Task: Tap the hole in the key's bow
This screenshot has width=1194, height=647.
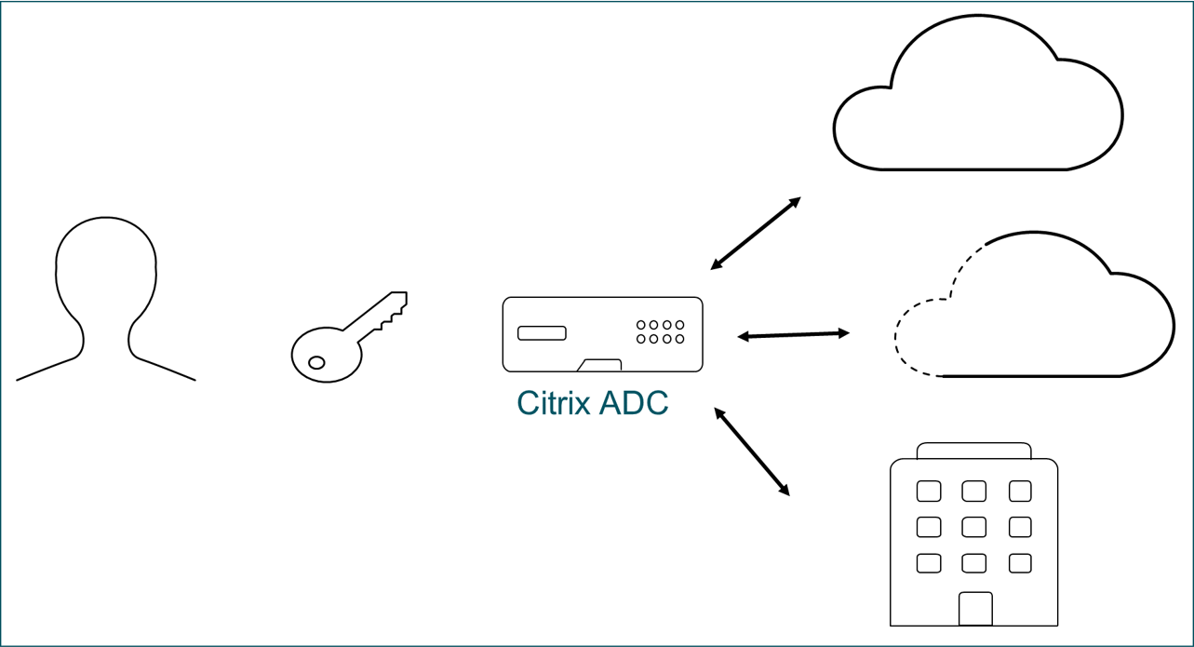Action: pyautogui.click(x=316, y=362)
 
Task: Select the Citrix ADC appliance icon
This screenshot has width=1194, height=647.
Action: pyautogui.click(x=602, y=334)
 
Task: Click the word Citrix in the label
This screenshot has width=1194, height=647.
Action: pyautogui.click(x=553, y=403)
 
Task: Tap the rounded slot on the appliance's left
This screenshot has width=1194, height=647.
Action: pyautogui.click(x=542, y=333)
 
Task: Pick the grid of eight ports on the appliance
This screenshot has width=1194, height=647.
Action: pyautogui.click(x=660, y=332)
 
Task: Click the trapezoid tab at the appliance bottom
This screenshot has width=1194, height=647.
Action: pyautogui.click(x=599, y=364)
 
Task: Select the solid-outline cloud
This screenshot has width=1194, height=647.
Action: pyautogui.click(x=977, y=102)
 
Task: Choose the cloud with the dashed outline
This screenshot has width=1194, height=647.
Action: pyautogui.click(x=1033, y=312)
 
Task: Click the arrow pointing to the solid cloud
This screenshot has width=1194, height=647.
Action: pyautogui.click(x=755, y=234)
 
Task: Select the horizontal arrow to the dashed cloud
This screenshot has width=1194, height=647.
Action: pyautogui.click(x=793, y=334)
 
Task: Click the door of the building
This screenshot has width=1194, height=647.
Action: pyautogui.click(x=975, y=609)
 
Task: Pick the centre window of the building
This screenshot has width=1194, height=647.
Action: pyautogui.click(x=974, y=527)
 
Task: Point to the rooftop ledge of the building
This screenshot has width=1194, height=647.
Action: pyautogui.click(x=973, y=451)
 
